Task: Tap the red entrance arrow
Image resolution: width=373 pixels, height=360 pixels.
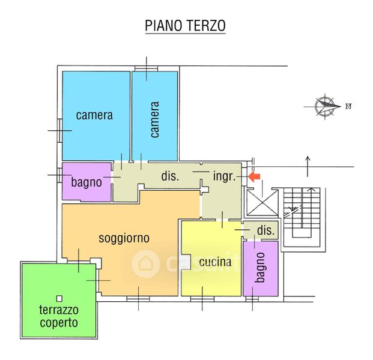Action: tap(254, 177)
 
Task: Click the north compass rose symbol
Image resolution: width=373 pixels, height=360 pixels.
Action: tap(325, 106)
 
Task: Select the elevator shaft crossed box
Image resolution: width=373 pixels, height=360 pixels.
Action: tap(262, 202)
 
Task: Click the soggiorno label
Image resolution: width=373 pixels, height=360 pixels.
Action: tap(124, 238)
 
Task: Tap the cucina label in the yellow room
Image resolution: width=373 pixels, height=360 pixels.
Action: tap(215, 262)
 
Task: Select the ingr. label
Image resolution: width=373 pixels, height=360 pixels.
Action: tap(224, 176)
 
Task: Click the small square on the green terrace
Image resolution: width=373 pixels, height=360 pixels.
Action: tap(59, 298)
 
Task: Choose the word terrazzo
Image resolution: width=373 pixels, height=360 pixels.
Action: tap(59, 310)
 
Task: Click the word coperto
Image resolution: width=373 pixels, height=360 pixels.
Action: tap(59, 323)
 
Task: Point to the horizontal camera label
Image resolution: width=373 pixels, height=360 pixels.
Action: tap(94, 115)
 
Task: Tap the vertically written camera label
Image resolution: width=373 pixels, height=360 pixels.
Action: tap(154, 119)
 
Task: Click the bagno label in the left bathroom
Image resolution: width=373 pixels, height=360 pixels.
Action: tap(86, 182)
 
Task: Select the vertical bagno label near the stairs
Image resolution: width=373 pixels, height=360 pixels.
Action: tap(259, 267)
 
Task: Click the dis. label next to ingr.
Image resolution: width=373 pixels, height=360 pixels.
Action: tap(170, 176)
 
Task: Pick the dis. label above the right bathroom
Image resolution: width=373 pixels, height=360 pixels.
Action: tap(265, 230)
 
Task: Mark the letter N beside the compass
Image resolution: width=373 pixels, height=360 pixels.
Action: tap(348, 106)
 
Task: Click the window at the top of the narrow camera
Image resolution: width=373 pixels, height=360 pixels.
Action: tap(146, 68)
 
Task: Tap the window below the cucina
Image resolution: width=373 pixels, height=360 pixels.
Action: tap(202, 299)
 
